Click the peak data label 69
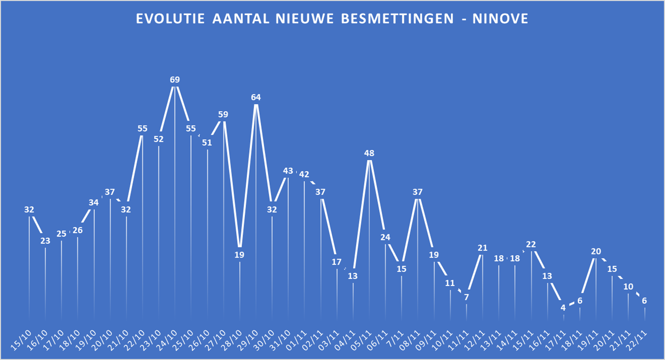tap(175, 80)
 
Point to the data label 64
tap(256, 97)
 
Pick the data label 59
tap(223, 115)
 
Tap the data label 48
tap(369, 153)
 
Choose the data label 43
tap(288, 171)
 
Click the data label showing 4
tap(563, 308)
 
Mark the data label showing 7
tap(466, 297)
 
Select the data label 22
tap(531, 244)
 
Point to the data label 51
tap(207, 142)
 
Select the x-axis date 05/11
tap(363, 340)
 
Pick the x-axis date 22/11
tap(639, 340)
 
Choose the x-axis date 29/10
tap(250, 340)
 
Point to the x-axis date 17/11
tap(557, 340)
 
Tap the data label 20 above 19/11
tap(596, 251)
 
